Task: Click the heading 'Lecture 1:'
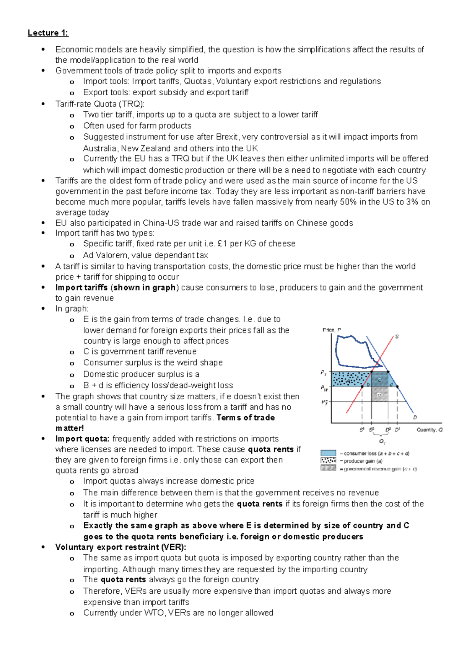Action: click(x=48, y=33)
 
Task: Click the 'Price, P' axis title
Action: click(x=332, y=330)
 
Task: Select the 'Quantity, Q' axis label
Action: click(x=429, y=430)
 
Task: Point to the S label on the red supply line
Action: click(x=397, y=336)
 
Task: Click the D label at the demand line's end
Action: click(x=415, y=417)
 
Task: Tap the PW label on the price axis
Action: click(x=324, y=388)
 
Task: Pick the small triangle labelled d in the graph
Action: click(x=391, y=384)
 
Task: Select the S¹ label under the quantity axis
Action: click(x=362, y=430)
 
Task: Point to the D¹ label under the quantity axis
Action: click(x=397, y=430)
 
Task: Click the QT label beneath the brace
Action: click(x=382, y=441)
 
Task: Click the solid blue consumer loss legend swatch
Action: click(x=328, y=453)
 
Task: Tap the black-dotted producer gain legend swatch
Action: click(x=328, y=461)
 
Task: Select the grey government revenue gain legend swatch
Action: click(x=328, y=468)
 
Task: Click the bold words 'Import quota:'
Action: click(x=82, y=439)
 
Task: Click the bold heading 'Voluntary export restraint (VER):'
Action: click(x=120, y=547)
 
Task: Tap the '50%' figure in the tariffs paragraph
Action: click(x=348, y=202)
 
